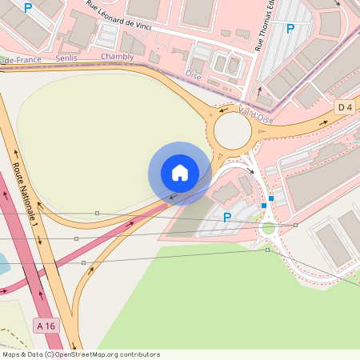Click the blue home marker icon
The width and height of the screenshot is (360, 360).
point(180,173)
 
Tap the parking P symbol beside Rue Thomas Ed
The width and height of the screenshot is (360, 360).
point(290,29)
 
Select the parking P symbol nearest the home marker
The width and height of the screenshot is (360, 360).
point(227,217)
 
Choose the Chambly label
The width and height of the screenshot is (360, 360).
point(118,57)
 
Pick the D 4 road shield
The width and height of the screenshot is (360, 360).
point(345,106)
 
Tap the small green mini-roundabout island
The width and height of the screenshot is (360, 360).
point(268,228)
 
